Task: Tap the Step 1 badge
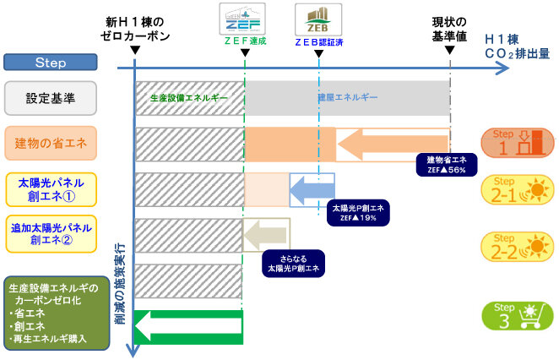[x=517, y=143]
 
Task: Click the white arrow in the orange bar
[x=393, y=144]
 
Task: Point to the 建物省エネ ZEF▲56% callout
[x=447, y=165]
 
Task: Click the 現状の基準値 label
[x=448, y=30]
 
